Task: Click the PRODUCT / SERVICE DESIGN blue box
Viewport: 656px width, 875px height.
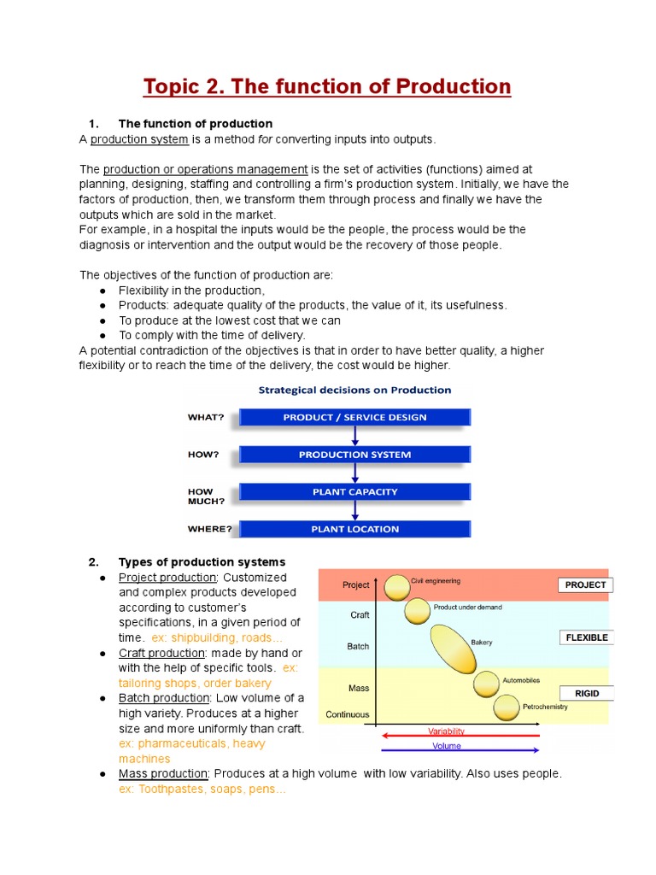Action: click(x=354, y=417)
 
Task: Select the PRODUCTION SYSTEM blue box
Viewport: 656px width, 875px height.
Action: click(x=354, y=455)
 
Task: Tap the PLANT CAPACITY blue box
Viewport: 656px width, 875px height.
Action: click(x=354, y=491)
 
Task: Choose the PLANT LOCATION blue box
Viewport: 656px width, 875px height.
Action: click(x=354, y=529)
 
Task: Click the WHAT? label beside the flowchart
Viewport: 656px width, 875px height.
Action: click(x=206, y=418)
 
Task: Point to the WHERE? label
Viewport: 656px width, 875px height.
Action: click(x=209, y=529)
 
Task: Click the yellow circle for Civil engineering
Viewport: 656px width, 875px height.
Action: click(x=397, y=588)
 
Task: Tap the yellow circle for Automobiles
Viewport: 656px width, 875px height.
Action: click(x=487, y=684)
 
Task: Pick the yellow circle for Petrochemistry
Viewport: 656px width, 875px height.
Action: click(x=507, y=708)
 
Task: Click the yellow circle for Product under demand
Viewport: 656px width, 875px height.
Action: click(x=417, y=611)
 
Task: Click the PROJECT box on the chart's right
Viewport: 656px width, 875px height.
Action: click(x=585, y=585)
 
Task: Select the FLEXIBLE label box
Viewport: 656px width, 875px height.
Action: click(x=586, y=637)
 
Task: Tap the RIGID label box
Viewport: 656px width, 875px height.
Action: click(x=587, y=693)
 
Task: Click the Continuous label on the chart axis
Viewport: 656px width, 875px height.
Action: click(x=348, y=714)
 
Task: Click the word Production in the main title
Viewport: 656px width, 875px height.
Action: click(x=449, y=87)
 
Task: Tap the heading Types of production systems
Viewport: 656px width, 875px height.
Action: click(x=202, y=561)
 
